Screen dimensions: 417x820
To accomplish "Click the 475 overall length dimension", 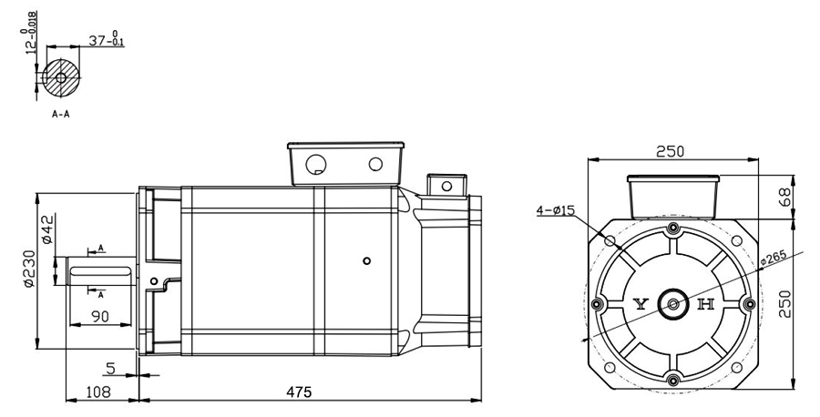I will (299, 392).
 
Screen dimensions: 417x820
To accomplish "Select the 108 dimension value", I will (98, 392).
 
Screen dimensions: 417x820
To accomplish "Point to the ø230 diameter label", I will (28, 270).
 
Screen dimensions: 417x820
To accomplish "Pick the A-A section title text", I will (62, 116).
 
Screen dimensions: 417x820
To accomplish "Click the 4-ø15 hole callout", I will (555, 210).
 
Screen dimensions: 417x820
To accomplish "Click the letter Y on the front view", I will (641, 305).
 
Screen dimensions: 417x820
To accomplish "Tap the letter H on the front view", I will (704, 305).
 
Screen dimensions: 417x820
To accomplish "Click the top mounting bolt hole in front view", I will (673, 228).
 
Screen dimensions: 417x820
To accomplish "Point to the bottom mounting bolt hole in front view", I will (673, 380).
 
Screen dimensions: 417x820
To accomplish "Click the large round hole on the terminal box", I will (317, 166).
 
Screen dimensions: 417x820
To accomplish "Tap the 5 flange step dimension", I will (110, 369).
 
